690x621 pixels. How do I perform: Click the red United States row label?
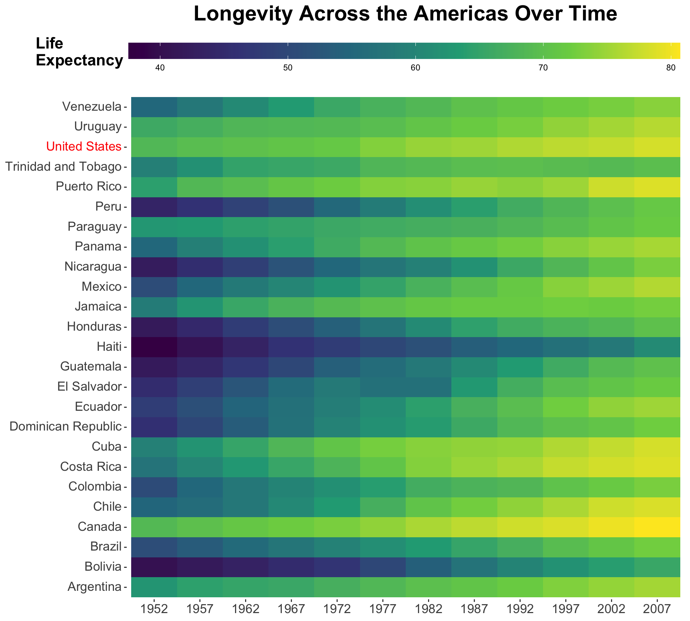83,147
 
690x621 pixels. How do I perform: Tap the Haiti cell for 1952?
154,347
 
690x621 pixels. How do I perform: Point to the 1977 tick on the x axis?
383,609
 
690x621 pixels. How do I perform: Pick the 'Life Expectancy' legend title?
79,52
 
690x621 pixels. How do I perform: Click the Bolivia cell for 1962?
245,567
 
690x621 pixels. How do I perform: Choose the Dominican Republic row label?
65,427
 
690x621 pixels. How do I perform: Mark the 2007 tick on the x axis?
657,609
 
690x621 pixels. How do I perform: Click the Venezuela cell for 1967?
291,107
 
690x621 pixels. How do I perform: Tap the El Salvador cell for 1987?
474,387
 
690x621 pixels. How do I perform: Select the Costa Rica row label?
91,467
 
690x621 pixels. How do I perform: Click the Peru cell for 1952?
154,207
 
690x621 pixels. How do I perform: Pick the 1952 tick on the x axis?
154,609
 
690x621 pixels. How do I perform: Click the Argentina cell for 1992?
520,587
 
